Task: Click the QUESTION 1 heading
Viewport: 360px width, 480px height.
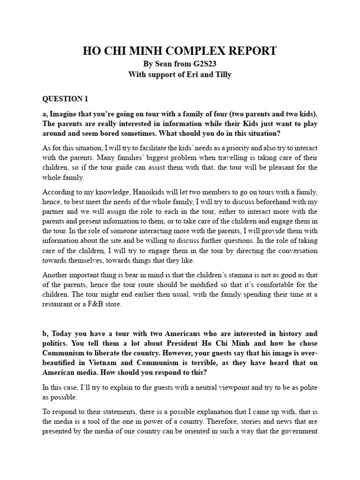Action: click(65, 99)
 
